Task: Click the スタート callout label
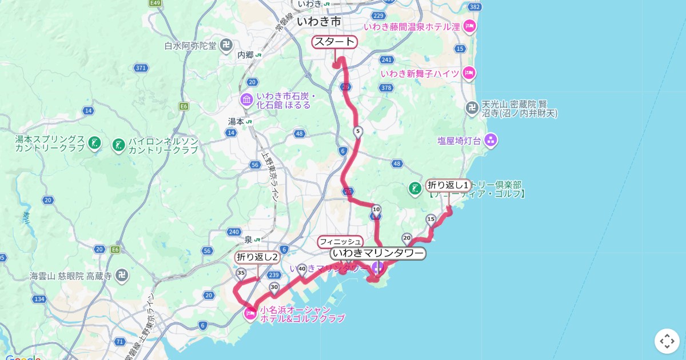tap(334, 42)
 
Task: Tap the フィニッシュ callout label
tap(340, 241)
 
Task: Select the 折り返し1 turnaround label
tap(449, 185)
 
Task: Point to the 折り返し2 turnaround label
tap(257, 257)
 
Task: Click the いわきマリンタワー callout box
tap(378, 253)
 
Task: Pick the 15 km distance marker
tap(431, 219)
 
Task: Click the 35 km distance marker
tap(241, 273)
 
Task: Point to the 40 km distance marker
tap(302, 268)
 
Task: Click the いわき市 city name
tap(319, 22)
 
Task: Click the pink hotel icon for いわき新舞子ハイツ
tap(469, 73)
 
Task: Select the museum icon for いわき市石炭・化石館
tap(247, 100)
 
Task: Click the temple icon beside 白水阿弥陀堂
tap(226, 45)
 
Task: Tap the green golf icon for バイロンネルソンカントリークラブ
tap(119, 145)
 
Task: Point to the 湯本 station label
tap(236, 121)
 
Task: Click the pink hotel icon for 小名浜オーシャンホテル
tap(250, 313)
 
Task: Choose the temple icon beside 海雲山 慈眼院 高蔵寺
tap(121, 276)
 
